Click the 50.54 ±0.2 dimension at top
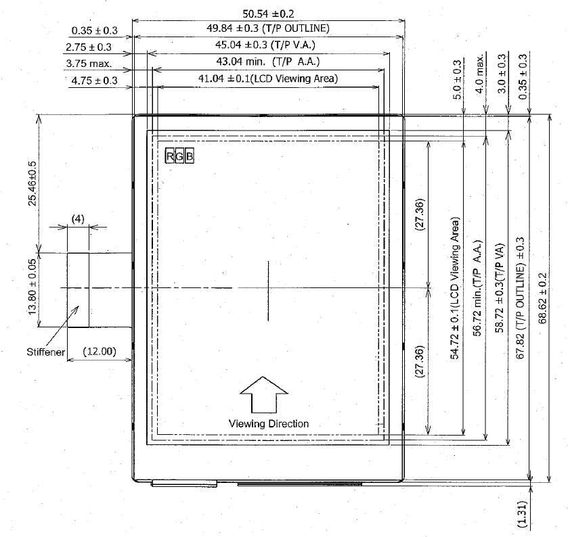click(269, 13)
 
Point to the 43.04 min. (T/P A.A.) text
click(269, 62)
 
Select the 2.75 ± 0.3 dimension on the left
click(88, 47)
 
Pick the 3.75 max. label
click(89, 64)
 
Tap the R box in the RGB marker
click(170, 156)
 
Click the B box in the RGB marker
click(190, 156)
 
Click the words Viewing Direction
click(269, 423)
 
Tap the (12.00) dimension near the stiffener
click(100, 352)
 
